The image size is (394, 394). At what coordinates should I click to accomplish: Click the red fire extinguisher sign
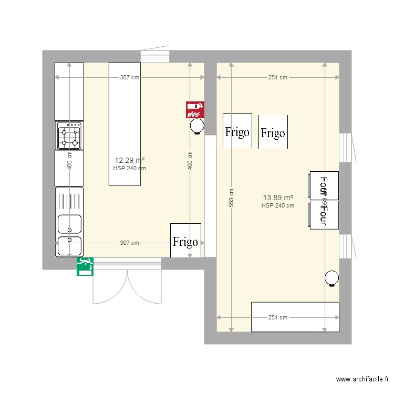pyautogui.click(x=195, y=109)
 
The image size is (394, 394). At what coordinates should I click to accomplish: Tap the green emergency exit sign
pyautogui.click(x=85, y=266)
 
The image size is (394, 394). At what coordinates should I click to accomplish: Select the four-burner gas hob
pyautogui.click(x=69, y=136)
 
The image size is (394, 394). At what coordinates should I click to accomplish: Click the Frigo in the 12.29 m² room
pyautogui.click(x=185, y=241)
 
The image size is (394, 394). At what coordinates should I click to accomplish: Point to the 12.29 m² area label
pyautogui.click(x=130, y=160)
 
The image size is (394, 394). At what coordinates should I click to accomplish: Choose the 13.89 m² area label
pyautogui.click(x=278, y=198)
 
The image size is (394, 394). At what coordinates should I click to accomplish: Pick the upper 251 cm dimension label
pyautogui.click(x=278, y=78)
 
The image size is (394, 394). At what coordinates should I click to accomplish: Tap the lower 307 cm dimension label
pyautogui.click(x=130, y=243)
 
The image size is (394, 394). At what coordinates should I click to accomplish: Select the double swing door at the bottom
pyautogui.click(x=127, y=284)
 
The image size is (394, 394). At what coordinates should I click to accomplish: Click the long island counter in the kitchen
pyautogui.click(x=125, y=123)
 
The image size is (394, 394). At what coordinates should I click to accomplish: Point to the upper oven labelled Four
pyautogui.click(x=324, y=185)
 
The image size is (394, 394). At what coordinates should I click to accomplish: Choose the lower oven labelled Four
pyautogui.click(x=324, y=215)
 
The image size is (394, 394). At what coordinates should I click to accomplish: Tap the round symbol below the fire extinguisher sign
pyautogui.click(x=197, y=126)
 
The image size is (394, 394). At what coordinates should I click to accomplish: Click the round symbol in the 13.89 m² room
pyautogui.click(x=332, y=278)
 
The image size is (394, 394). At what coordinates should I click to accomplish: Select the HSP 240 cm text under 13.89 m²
pyautogui.click(x=278, y=206)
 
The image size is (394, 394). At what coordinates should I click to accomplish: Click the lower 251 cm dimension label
pyautogui.click(x=278, y=317)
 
